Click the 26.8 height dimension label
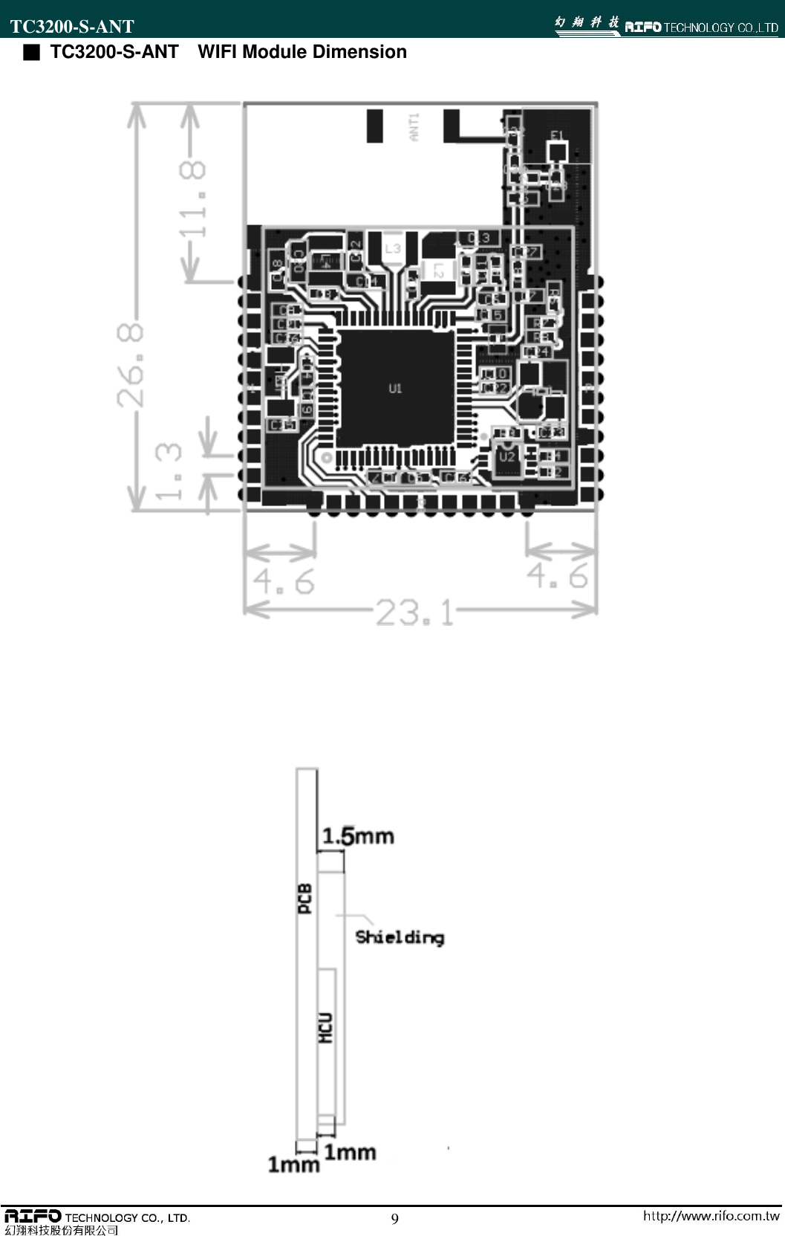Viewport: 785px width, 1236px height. [x=130, y=363]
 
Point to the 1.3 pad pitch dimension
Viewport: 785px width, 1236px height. [x=169, y=471]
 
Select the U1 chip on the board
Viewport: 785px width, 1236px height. [x=395, y=387]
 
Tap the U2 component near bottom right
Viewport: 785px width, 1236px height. [x=506, y=456]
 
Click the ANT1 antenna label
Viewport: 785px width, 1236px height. [x=414, y=126]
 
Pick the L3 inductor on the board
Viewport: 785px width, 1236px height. [x=393, y=248]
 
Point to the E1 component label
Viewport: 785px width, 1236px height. [x=557, y=135]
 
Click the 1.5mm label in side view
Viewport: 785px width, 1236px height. [x=357, y=836]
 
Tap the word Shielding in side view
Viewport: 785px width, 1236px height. [x=400, y=937]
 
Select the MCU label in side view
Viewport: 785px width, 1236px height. [x=325, y=1028]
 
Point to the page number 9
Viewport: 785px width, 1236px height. [x=394, y=1218]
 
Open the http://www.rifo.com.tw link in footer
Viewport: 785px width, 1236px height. [x=711, y=1216]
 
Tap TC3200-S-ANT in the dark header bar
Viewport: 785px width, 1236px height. [x=72, y=27]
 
